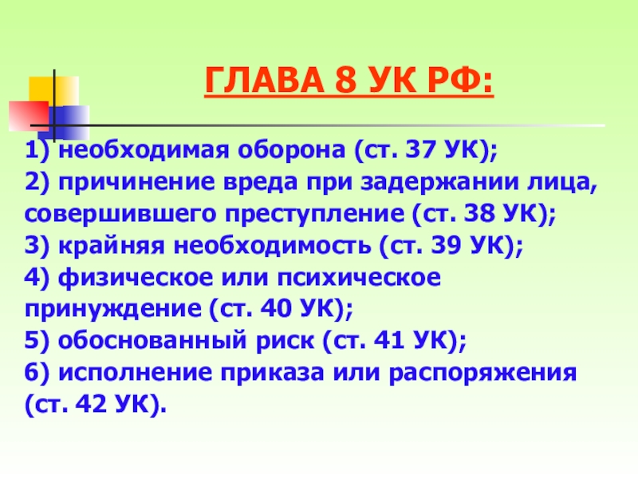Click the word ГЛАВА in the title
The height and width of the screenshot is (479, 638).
point(264,80)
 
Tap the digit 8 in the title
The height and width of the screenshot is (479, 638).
point(345,80)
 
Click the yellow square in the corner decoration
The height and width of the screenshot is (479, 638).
point(53,92)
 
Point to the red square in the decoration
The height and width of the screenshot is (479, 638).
point(29,116)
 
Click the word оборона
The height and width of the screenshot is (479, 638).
point(292,150)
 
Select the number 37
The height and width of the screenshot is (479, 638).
point(420,150)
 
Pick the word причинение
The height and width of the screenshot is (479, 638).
point(136,182)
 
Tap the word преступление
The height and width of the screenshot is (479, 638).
point(315,214)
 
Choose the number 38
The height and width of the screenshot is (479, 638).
point(479,213)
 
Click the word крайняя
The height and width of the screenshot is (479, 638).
point(112,246)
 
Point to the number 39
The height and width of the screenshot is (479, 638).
point(446,245)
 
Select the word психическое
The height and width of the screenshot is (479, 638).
point(360,277)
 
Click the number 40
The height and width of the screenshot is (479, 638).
point(276,309)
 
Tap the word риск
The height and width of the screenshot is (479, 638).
point(286,341)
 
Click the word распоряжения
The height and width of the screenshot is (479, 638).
point(483,373)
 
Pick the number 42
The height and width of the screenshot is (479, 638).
point(92,404)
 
